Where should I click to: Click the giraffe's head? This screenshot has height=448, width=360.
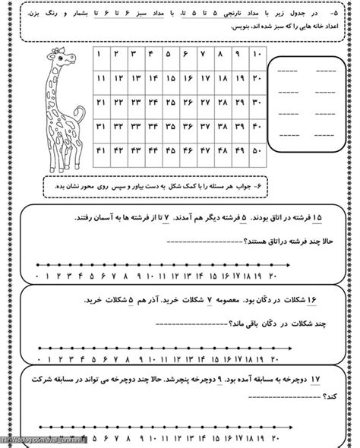[x=56, y=56]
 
